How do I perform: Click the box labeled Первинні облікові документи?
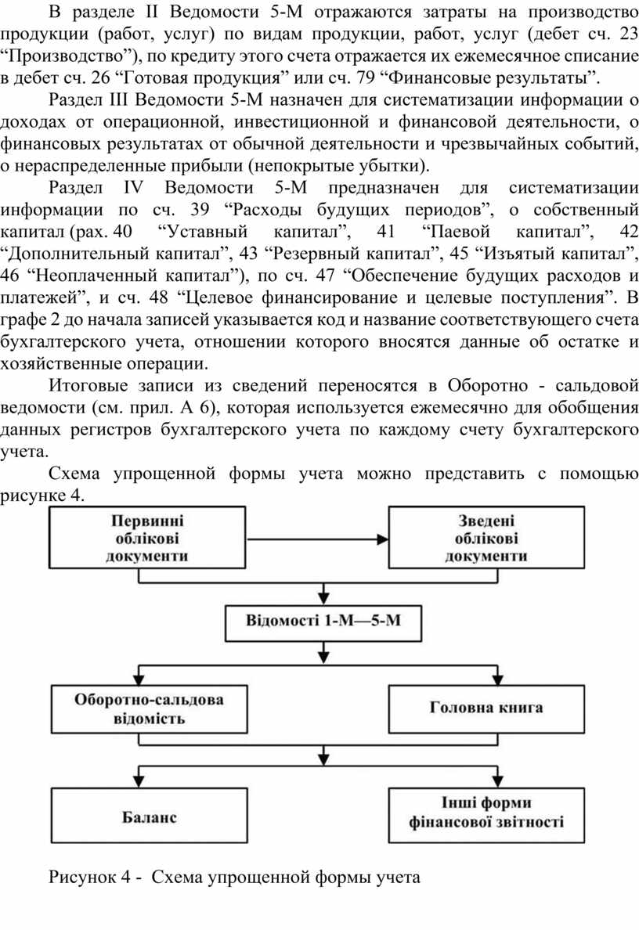point(153,539)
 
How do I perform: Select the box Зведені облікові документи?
point(486,539)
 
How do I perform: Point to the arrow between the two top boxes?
point(321,539)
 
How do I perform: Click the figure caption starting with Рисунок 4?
point(235,878)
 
